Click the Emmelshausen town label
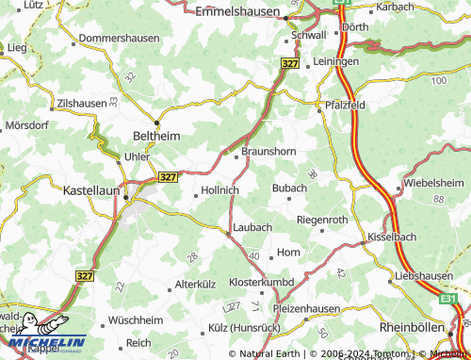click(x=238, y=12)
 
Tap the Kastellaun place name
click(x=90, y=189)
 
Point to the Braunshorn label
click(x=270, y=150)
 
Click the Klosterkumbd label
click(x=263, y=282)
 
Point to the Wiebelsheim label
click(x=433, y=182)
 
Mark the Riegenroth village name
click(x=322, y=220)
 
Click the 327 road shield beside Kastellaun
click(x=168, y=176)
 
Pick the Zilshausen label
click(x=83, y=101)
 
